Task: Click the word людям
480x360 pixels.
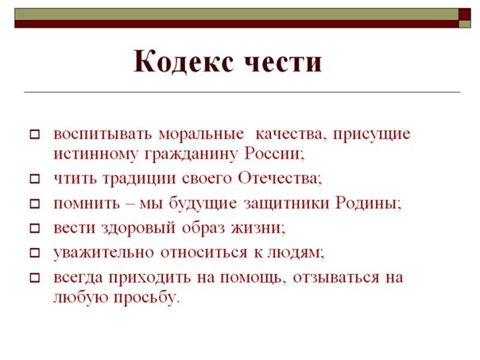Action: [x=298, y=253]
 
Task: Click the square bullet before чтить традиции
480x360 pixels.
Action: [x=33, y=179]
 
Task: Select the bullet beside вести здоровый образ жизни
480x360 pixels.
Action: [x=33, y=229]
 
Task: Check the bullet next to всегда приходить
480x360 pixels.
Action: [x=33, y=279]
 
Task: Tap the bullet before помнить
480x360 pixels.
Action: [x=33, y=203]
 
